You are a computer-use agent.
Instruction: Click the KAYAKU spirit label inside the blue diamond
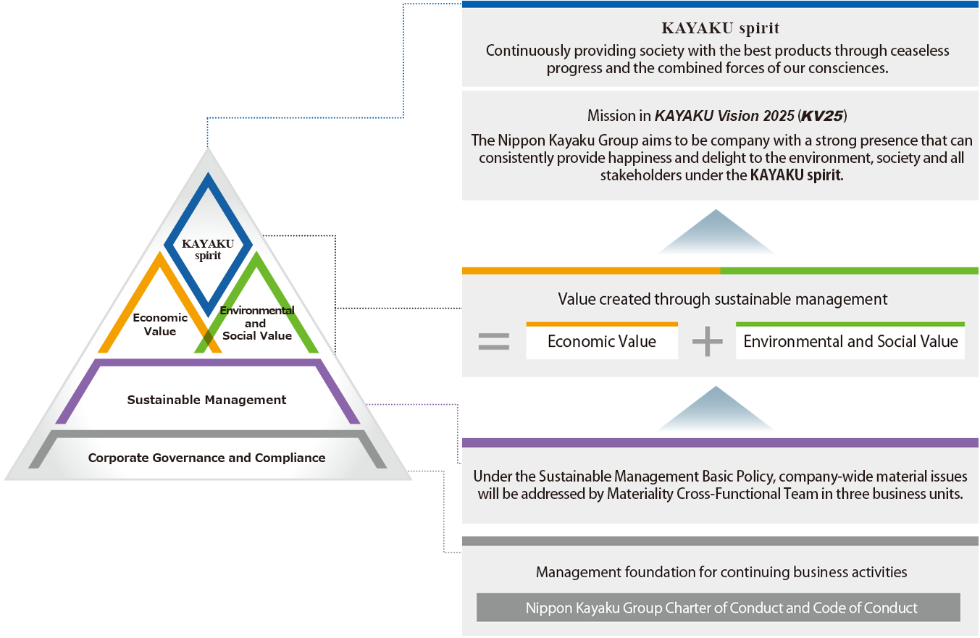click(207, 249)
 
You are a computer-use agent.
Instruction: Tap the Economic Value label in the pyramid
click(160, 324)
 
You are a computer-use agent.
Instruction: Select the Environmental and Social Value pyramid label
click(257, 323)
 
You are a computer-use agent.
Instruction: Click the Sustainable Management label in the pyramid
click(206, 400)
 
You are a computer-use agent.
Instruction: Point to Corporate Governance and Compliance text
click(206, 458)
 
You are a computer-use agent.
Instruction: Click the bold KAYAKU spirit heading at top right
click(720, 29)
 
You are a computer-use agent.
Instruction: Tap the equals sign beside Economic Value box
click(494, 341)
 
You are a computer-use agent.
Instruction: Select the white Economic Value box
click(602, 341)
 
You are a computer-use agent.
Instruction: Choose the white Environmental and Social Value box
click(850, 341)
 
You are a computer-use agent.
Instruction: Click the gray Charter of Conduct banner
click(718, 608)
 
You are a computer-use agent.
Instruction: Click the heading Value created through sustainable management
click(722, 299)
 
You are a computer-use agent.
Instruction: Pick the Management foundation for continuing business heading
click(721, 572)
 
